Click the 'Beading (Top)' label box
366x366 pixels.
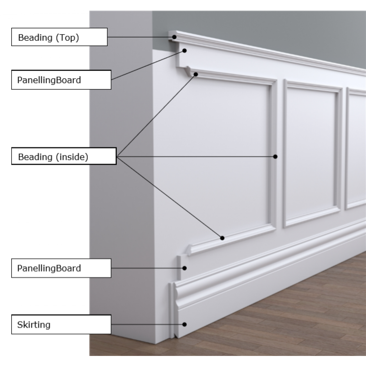pos(59,37)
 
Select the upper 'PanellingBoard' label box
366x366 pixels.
pos(61,80)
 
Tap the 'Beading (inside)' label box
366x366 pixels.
pos(64,156)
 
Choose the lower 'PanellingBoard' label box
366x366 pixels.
pos(61,268)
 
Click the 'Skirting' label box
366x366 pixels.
pos(61,325)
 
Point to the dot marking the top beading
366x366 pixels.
pos(174,37)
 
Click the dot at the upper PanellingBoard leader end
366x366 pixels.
pos(184,51)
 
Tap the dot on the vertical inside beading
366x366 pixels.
pos(275,156)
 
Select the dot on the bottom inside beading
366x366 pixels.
pos(222,238)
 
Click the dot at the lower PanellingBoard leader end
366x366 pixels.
pos(185,268)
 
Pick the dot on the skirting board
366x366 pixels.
pos(185,324)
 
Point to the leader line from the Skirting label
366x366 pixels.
pos(146,325)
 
